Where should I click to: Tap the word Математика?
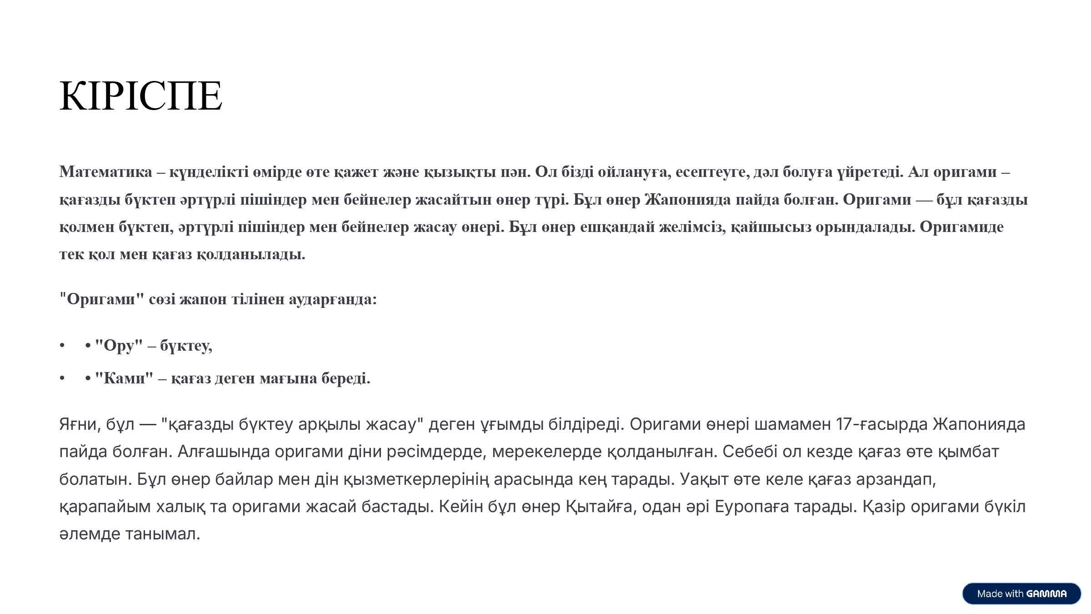tap(105, 172)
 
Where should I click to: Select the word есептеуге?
tap(712, 172)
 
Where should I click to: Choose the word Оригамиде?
tap(961, 227)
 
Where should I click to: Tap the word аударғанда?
tap(333, 299)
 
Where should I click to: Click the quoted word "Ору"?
tap(119, 346)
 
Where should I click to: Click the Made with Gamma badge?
tap(1021, 594)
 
